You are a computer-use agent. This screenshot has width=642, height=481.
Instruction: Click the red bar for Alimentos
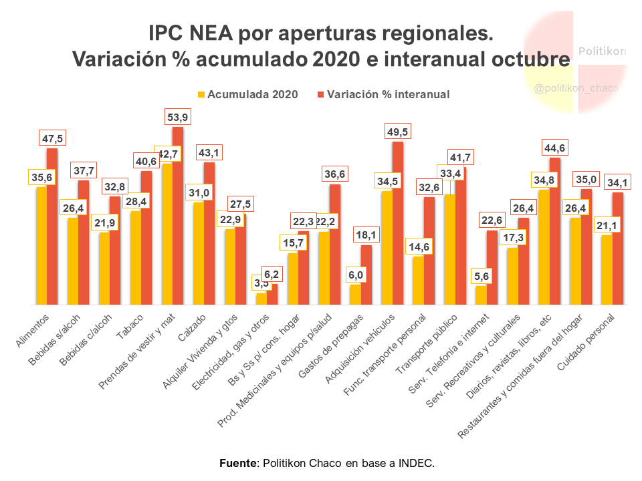click(52, 226)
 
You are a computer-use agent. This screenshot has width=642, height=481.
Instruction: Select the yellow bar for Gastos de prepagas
click(355, 295)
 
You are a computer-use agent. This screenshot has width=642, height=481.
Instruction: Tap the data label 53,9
click(177, 118)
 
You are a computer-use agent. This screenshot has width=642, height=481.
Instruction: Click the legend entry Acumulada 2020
click(247, 94)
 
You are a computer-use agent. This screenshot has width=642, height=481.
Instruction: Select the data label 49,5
click(397, 132)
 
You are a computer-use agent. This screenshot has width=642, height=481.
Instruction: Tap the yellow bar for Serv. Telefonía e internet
click(481, 295)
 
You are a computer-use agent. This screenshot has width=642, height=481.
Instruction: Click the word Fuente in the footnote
click(238, 463)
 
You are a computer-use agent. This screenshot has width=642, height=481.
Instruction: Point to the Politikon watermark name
click(602, 51)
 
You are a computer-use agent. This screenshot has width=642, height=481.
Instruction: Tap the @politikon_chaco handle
click(577, 88)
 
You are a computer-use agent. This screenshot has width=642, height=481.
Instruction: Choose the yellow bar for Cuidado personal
click(607, 270)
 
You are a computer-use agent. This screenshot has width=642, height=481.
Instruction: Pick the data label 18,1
click(366, 235)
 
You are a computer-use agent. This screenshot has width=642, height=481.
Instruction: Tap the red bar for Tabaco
click(146, 238)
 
